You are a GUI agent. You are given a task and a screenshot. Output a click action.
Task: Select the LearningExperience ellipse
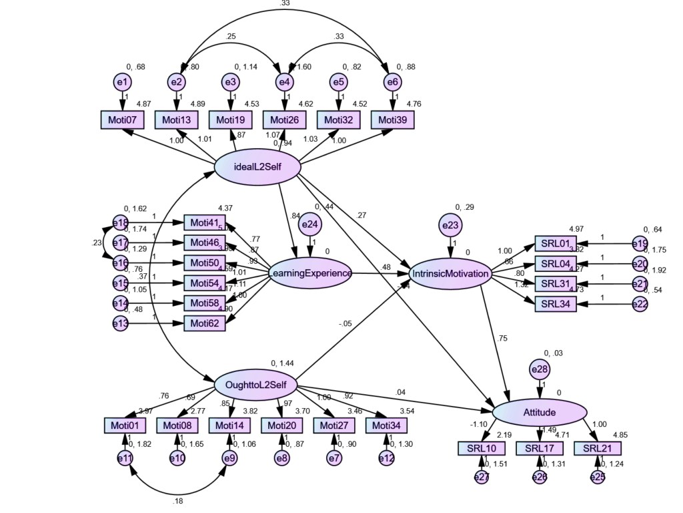310,273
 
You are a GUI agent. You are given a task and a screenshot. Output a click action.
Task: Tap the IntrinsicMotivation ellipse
452,273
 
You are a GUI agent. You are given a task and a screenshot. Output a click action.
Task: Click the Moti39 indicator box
393,120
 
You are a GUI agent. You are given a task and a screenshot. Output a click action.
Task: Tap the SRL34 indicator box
556,304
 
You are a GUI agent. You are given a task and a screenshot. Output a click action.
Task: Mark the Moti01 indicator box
125,425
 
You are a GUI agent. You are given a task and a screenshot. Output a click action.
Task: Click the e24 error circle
309,225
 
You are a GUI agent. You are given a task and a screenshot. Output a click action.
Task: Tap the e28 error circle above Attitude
539,368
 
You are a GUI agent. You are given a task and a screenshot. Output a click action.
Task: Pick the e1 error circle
123,81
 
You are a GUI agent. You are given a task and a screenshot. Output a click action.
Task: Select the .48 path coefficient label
385,267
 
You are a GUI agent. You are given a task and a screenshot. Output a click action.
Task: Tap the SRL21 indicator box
597,448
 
